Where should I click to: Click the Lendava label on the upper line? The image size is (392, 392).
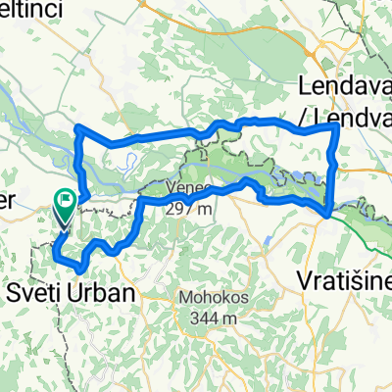click(x=342, y=85)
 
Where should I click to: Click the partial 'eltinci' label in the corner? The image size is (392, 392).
click(x=27, y=10)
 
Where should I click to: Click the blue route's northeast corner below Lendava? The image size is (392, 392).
click(x=336, y=126)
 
